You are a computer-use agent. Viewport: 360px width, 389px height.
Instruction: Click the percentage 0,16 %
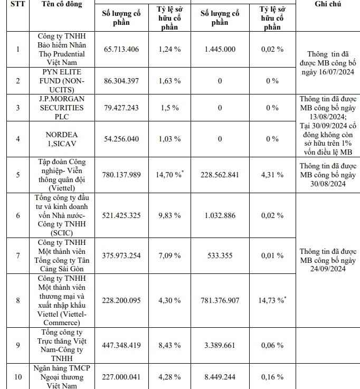(x=272, y=377)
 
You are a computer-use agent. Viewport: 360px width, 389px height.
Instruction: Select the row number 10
(x=17, y=377)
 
